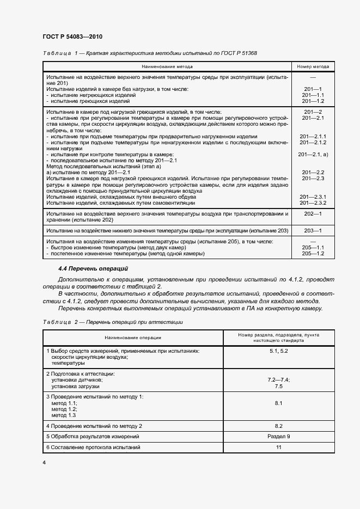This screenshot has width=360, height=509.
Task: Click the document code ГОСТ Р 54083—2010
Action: [72, 36]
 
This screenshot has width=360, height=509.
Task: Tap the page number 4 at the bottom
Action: [44, 462]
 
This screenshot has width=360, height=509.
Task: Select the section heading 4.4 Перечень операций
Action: [93, 268]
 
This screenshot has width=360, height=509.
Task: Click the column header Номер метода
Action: [313, 67]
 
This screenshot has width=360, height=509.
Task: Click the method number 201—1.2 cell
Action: [313, 101]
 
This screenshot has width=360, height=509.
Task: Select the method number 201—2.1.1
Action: [313, 136]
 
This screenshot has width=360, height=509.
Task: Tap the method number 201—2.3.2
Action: [313, 203]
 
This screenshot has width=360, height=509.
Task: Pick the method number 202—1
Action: [313, 214]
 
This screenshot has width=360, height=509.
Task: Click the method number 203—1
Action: [313, 231]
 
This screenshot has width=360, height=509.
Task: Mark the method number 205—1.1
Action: [313, 248]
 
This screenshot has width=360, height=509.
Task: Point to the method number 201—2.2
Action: [313, 173]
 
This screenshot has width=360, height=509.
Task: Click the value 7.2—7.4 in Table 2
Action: [278, 379]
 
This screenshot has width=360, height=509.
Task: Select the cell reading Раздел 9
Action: [278, 437]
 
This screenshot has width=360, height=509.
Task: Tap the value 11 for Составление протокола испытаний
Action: [278, 447]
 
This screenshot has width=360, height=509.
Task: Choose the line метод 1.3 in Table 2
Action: [64, 415]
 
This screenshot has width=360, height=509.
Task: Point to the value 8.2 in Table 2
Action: [278, 426]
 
